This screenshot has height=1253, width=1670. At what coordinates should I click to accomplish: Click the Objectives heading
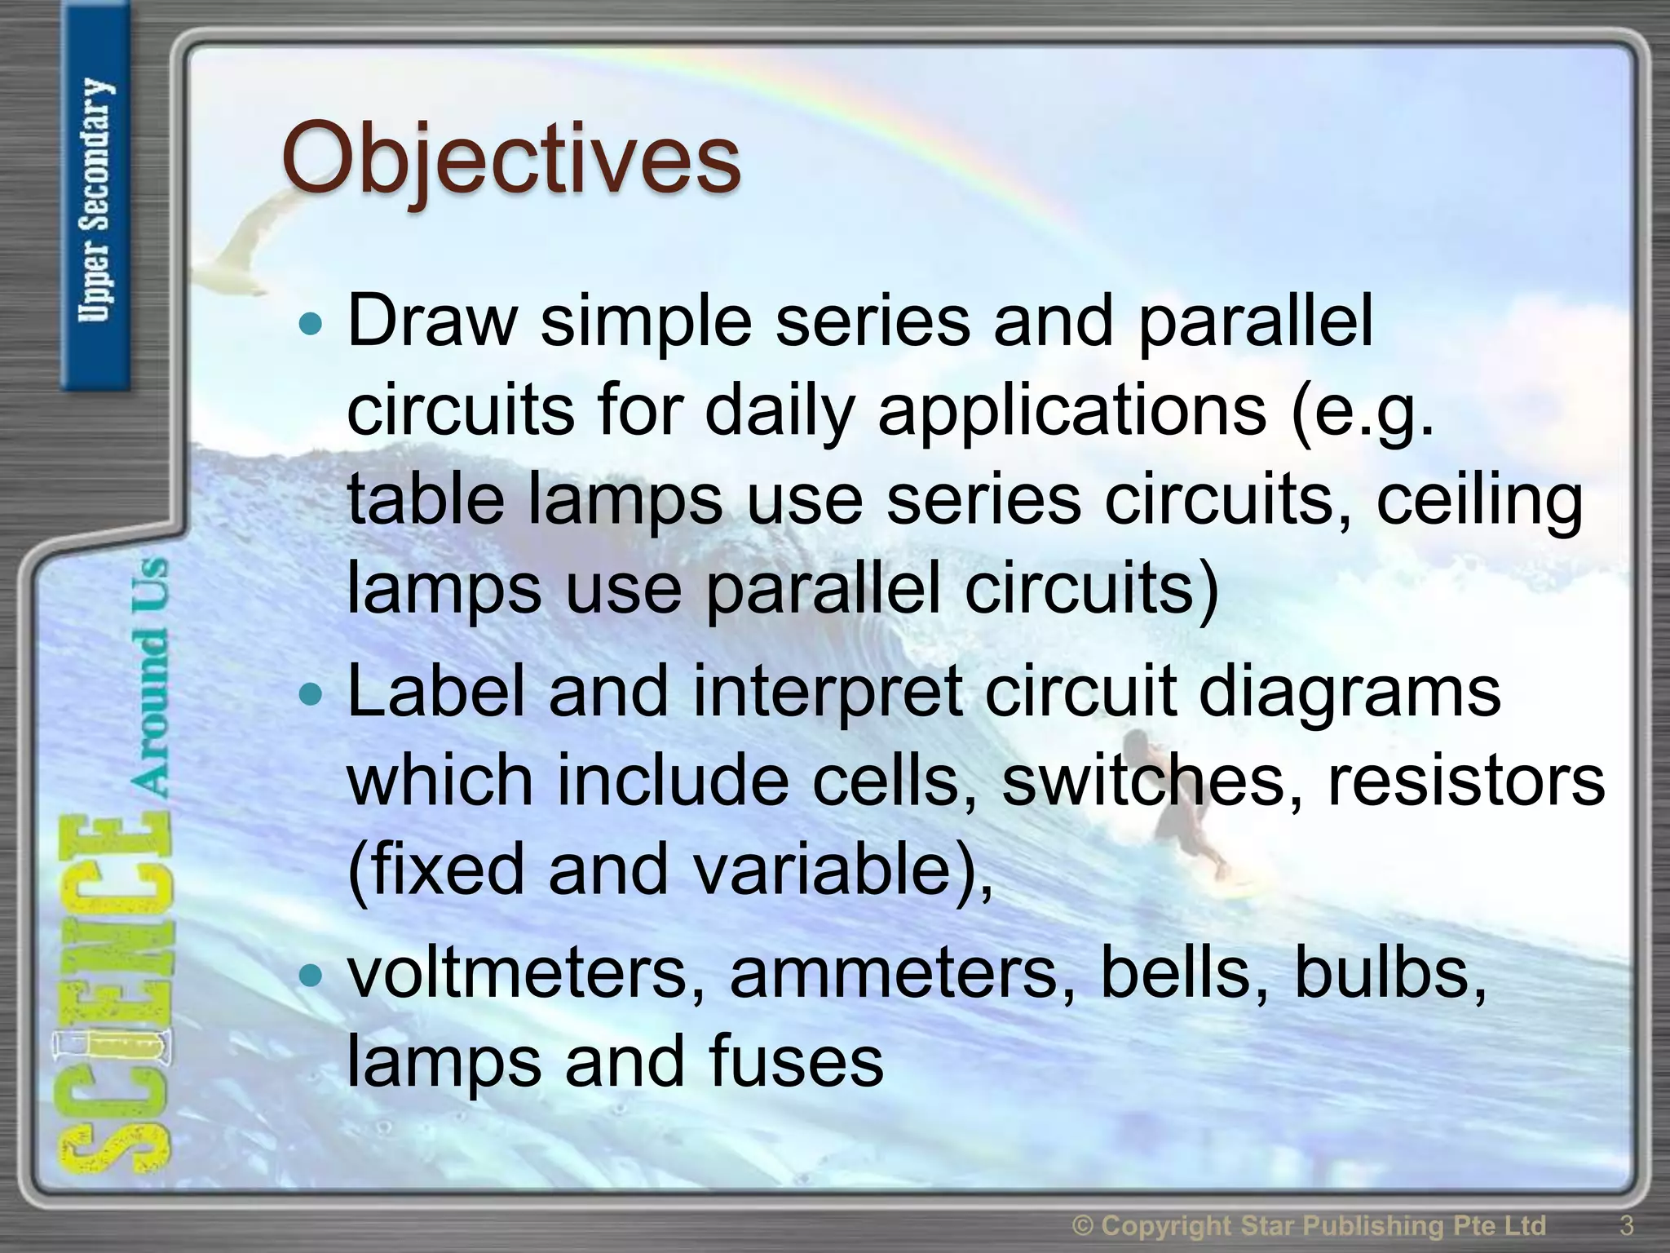tap(511, 160)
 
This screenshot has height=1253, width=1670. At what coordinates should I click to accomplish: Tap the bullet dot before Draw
tap(311, 325)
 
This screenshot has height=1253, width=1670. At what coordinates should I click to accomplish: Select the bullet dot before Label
tap(311, 696)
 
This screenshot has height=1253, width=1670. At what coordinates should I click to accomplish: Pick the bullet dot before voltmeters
tap(311, 975)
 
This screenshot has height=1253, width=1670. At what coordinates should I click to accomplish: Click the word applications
tap(1071, 411)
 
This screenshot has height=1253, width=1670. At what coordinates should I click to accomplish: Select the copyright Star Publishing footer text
tap(1309, 1225)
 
